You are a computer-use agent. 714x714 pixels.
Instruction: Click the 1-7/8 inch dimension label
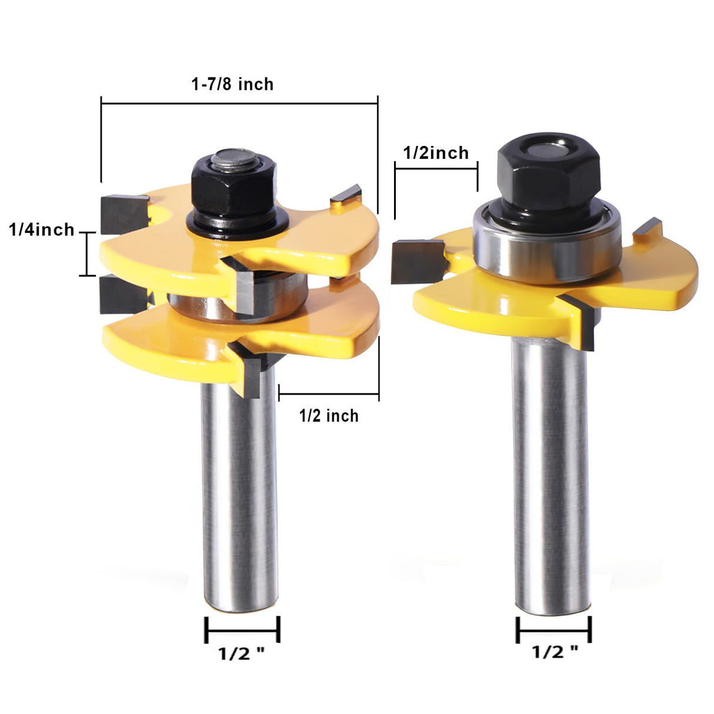[x=232, y=85]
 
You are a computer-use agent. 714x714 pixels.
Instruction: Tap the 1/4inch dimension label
[x=42, y=229]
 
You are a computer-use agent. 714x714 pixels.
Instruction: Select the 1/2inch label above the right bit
[x=436, y=153]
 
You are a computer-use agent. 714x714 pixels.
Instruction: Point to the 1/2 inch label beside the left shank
[x=329, y=416]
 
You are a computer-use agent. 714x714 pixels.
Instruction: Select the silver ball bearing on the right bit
[x=547, y=241]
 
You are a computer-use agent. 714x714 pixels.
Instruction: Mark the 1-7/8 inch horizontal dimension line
[x=239, y=104]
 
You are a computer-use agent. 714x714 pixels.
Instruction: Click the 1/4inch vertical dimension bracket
[x=87, y=254]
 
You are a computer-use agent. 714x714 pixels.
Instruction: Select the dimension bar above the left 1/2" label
[x=242, y=630]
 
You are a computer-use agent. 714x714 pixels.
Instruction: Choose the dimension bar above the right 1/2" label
[x=553, y=630]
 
